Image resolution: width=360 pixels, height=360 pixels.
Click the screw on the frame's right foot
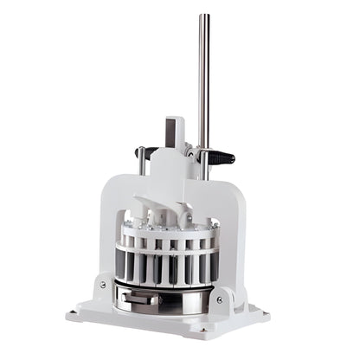point(219,299)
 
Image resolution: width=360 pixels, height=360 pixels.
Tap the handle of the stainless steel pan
point(140,299)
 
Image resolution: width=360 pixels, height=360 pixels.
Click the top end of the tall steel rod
point(204,16)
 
